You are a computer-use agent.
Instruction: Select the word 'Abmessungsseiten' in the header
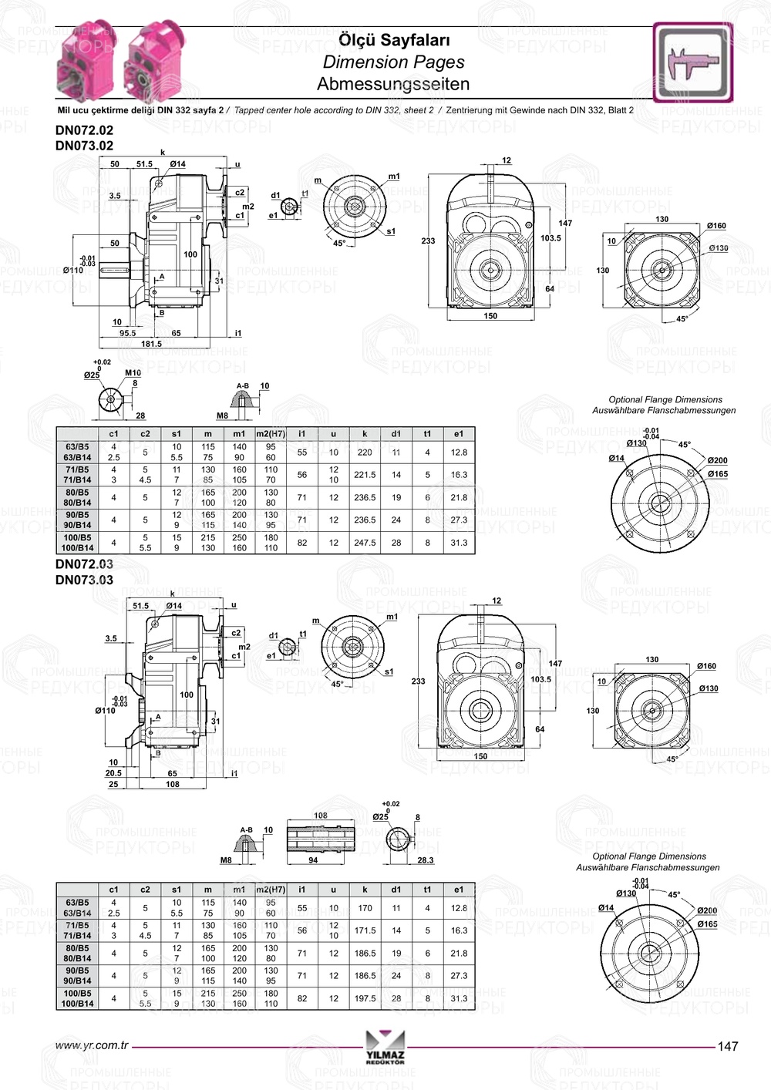393,84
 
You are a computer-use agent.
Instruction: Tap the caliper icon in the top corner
692,62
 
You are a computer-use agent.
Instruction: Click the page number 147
727,1046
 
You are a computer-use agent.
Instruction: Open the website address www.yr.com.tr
92,1045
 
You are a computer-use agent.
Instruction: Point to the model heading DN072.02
84,130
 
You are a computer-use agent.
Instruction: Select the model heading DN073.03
84,580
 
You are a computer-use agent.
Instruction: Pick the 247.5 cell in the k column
365,543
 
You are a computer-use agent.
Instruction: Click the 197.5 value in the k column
365,998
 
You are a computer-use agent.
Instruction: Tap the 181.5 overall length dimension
151,344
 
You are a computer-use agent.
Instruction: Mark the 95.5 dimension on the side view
127,333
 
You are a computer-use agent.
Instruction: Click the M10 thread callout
133,373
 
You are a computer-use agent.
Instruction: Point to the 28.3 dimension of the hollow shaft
425,860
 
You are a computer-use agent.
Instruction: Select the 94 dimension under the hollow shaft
313,860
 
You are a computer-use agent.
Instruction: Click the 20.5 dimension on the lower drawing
113,773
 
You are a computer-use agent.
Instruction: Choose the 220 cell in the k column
365,452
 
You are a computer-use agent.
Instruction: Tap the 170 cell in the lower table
365,908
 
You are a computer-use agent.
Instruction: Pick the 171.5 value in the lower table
365,930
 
